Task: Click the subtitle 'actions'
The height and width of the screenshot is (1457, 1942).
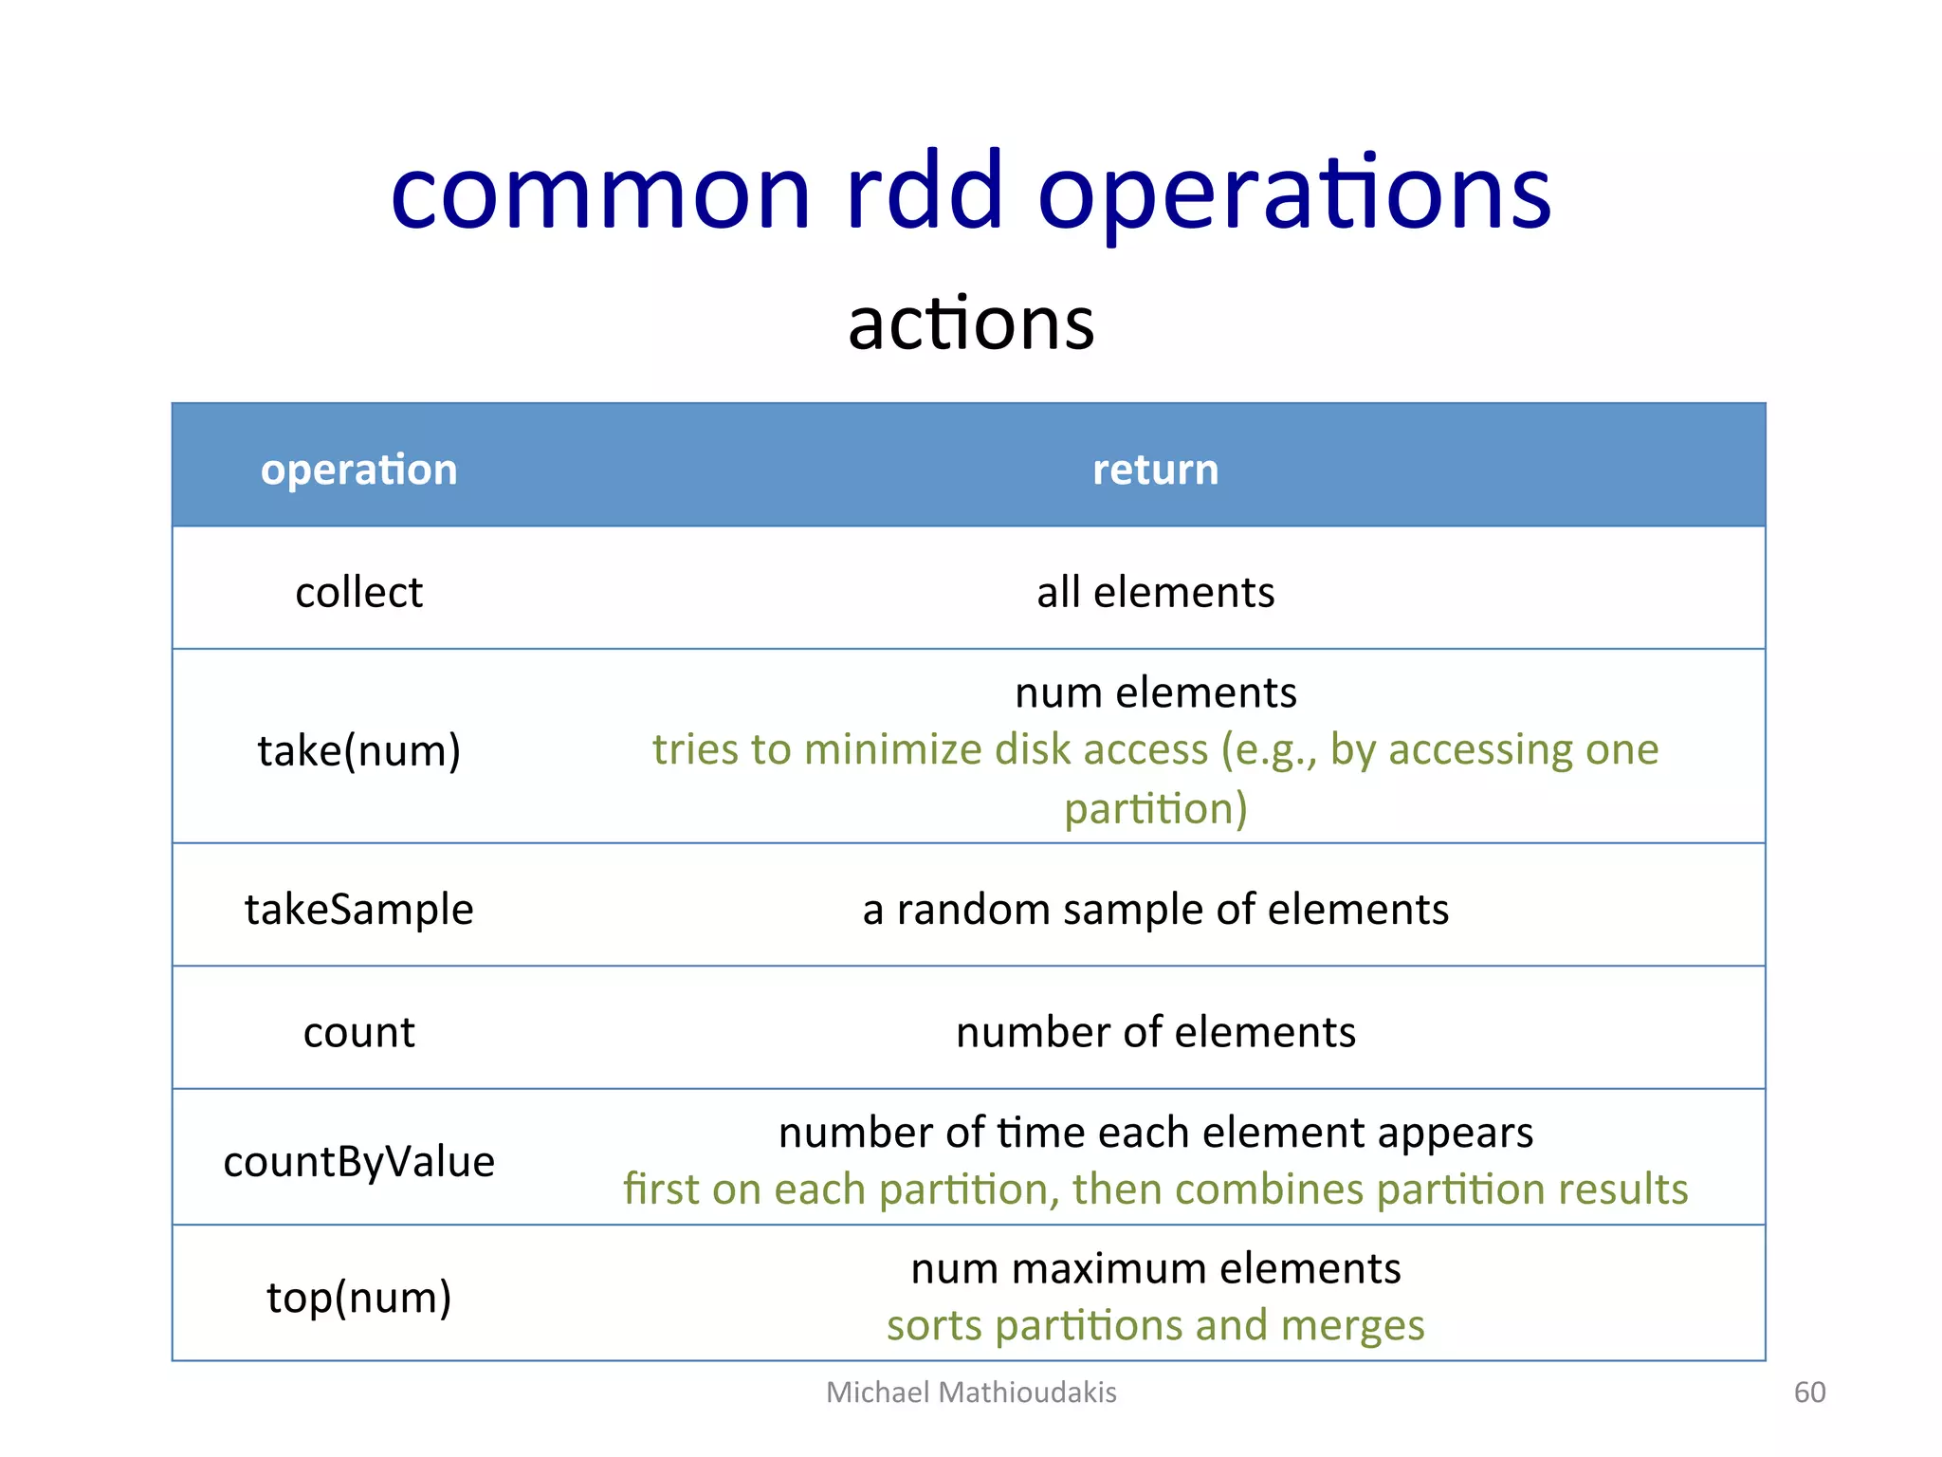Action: tap(971, 323)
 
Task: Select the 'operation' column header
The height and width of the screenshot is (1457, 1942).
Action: tap(358, 470)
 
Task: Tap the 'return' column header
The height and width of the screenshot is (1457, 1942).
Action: tap(1155, 470)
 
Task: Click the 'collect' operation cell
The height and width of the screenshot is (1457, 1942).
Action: tap(358, 592)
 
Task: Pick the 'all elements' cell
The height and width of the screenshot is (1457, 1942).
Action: tap(1155, 592)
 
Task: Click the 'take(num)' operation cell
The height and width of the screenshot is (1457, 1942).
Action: tap(358, 750)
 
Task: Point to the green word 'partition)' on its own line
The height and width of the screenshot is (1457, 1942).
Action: tap(1155, 808)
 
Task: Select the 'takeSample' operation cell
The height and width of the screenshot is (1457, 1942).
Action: tap(358, 909)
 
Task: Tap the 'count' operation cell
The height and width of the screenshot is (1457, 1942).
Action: tap(358, 1032)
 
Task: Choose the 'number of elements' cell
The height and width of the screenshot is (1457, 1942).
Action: tap(1155, 1032)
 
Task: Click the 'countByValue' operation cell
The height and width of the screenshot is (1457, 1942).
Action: tap(358, 1161)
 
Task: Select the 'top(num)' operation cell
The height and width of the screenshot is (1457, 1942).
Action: tap(358, 1297)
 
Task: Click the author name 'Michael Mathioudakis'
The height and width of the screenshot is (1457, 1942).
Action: tap(971, 1392)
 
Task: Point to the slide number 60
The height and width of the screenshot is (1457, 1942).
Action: tap(1809, 1392)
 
